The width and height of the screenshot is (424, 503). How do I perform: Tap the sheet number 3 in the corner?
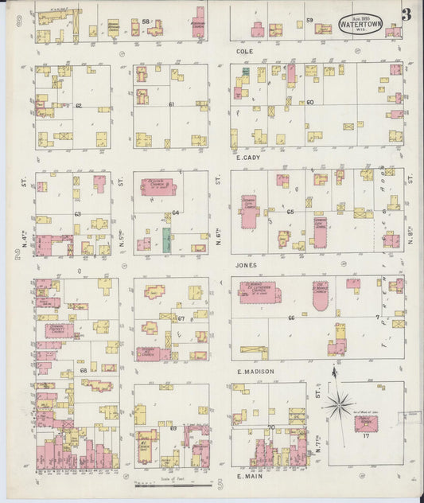(406, 14)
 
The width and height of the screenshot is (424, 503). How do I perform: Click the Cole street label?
(245, 51)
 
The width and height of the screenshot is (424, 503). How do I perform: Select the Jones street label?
(247, 264)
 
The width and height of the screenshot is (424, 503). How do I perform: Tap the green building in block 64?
(166, 241)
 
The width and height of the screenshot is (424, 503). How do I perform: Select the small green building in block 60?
(246, 72)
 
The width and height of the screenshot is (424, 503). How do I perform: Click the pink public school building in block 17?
(367, 423)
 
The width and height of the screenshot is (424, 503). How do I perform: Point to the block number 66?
(292, 318)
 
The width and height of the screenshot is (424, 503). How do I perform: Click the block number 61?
(171, 104)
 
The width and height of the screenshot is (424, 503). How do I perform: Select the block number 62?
(78, 105)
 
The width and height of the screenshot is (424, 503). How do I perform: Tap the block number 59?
(309, 19)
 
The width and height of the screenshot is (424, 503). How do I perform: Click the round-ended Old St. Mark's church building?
(320, 295)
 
